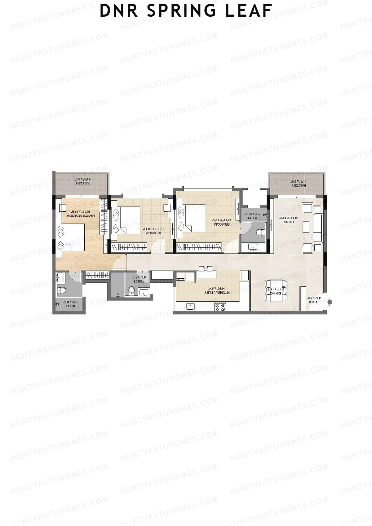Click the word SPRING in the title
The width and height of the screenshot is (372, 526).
click(182, 11)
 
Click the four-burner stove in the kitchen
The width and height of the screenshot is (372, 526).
click(220, 307)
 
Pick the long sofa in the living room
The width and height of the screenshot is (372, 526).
click(317, 224)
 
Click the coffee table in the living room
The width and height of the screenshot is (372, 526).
click(306, 226)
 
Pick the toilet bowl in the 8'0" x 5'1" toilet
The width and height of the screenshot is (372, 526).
click(132, 291)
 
